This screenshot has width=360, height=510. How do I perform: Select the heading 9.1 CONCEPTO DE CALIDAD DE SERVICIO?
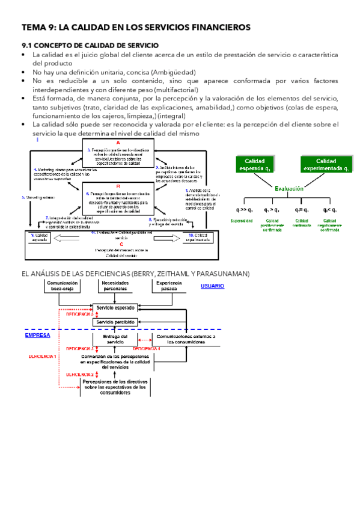pos(90,45)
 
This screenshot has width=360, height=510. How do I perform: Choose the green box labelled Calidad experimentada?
pos(326,164)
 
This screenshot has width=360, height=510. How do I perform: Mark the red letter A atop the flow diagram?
pos(118,143)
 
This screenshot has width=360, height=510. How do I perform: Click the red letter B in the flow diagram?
pos(118,187)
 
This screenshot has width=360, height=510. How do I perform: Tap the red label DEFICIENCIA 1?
pos(43,356)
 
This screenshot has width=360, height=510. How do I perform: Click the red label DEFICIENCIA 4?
pos(147,349)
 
